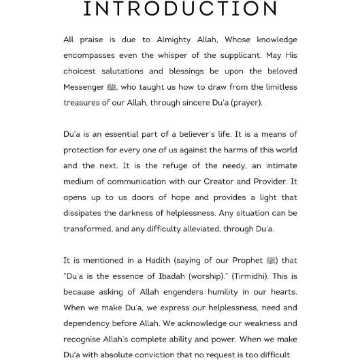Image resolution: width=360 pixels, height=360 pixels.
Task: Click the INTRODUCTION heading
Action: point(180,9)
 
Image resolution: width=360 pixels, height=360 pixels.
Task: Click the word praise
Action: point(91,40)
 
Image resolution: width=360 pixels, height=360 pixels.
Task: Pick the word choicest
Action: point(81,71)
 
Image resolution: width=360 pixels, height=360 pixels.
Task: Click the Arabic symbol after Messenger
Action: point(112,88)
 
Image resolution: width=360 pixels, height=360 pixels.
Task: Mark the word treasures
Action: point(82,103)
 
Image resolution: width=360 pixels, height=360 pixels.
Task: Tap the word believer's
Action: point(195,135)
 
